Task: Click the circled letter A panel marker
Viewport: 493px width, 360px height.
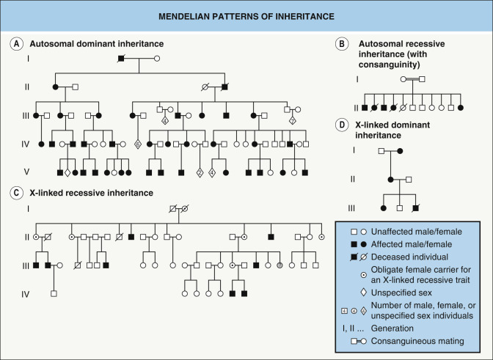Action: [14, 43]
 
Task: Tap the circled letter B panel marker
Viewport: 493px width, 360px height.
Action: [340, 43]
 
